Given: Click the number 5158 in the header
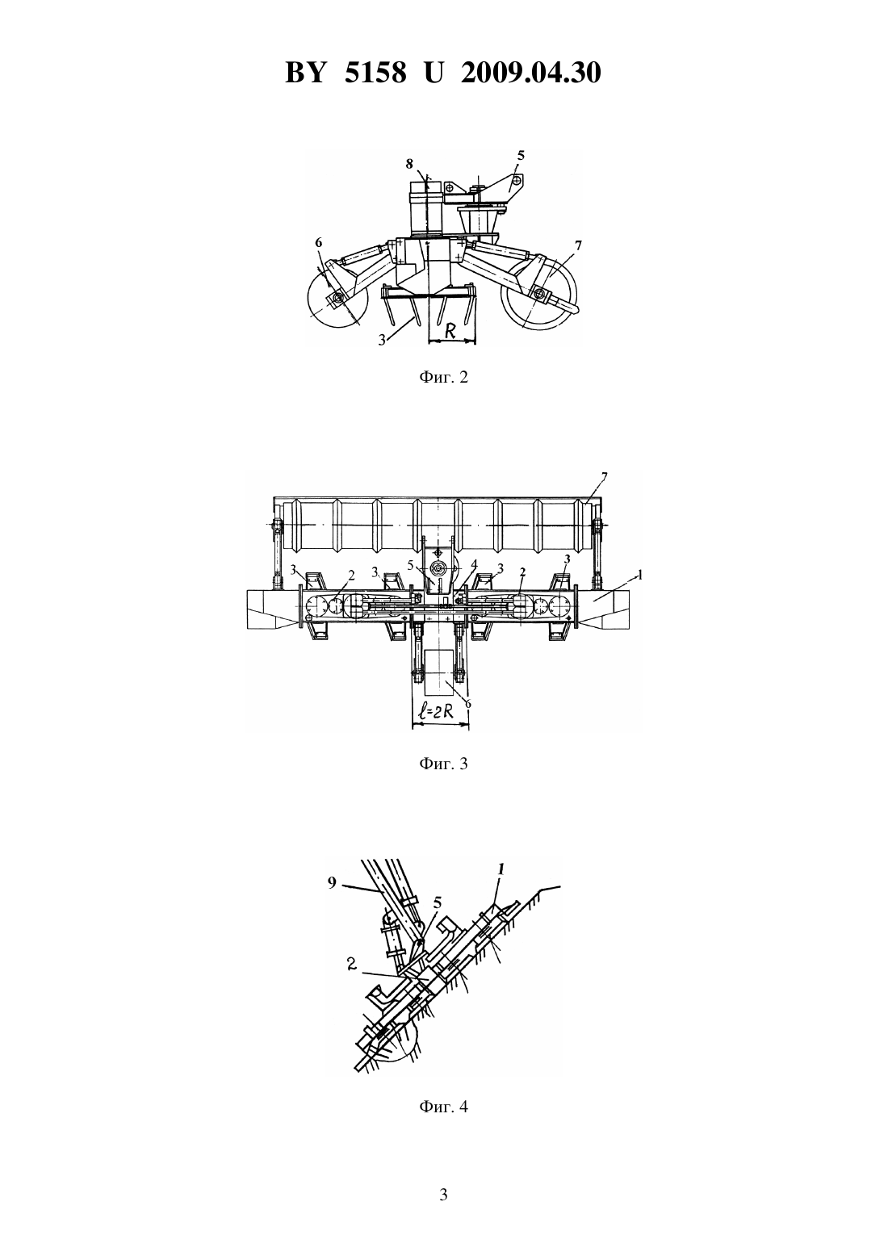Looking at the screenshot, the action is tap(375, 73).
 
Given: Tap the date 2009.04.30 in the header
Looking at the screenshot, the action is tap(531, 73).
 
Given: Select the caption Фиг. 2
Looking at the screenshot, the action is tap(443, 377).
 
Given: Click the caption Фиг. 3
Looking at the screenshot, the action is tap(443, 764).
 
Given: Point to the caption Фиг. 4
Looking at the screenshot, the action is tap(443, 1107).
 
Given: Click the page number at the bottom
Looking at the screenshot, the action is tap(443, 1195).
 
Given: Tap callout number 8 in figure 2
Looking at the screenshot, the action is tap(409, 163).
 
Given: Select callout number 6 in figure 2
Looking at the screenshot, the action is tap(318, 242).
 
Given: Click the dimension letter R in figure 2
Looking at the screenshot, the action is tap(450, 331).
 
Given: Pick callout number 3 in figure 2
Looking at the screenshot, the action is tap(382, 340).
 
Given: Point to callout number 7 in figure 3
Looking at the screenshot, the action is tap(604, 476).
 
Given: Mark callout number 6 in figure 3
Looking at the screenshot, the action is tap(467, 703).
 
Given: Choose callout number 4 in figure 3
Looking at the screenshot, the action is tap(474, 563).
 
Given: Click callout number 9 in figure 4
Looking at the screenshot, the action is tap(332, 882).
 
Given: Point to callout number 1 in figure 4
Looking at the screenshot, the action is tap(501, 869).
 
